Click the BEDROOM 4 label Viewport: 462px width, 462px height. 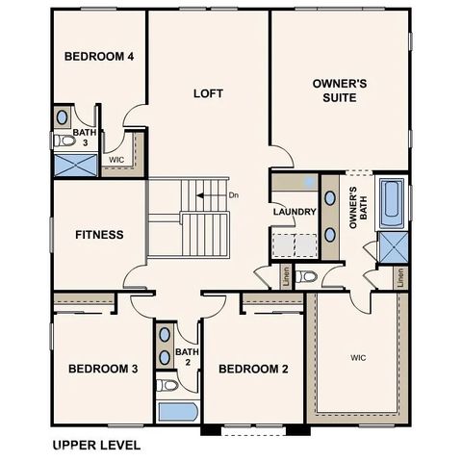click(99, 56)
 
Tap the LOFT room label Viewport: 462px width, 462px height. click(208, 93)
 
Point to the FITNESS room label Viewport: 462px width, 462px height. click(99, 234)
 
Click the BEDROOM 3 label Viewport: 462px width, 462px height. click(103, 369)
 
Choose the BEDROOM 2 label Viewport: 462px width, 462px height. click(253, 369)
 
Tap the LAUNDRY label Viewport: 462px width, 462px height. click(295, 212)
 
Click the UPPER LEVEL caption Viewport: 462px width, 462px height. click(96, 445)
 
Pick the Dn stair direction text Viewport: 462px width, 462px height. click(234, 195)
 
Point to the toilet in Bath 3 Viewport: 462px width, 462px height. click(65, 140)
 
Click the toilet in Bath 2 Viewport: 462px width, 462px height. click(167, 385)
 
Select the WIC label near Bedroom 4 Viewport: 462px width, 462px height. click(116, 160)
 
